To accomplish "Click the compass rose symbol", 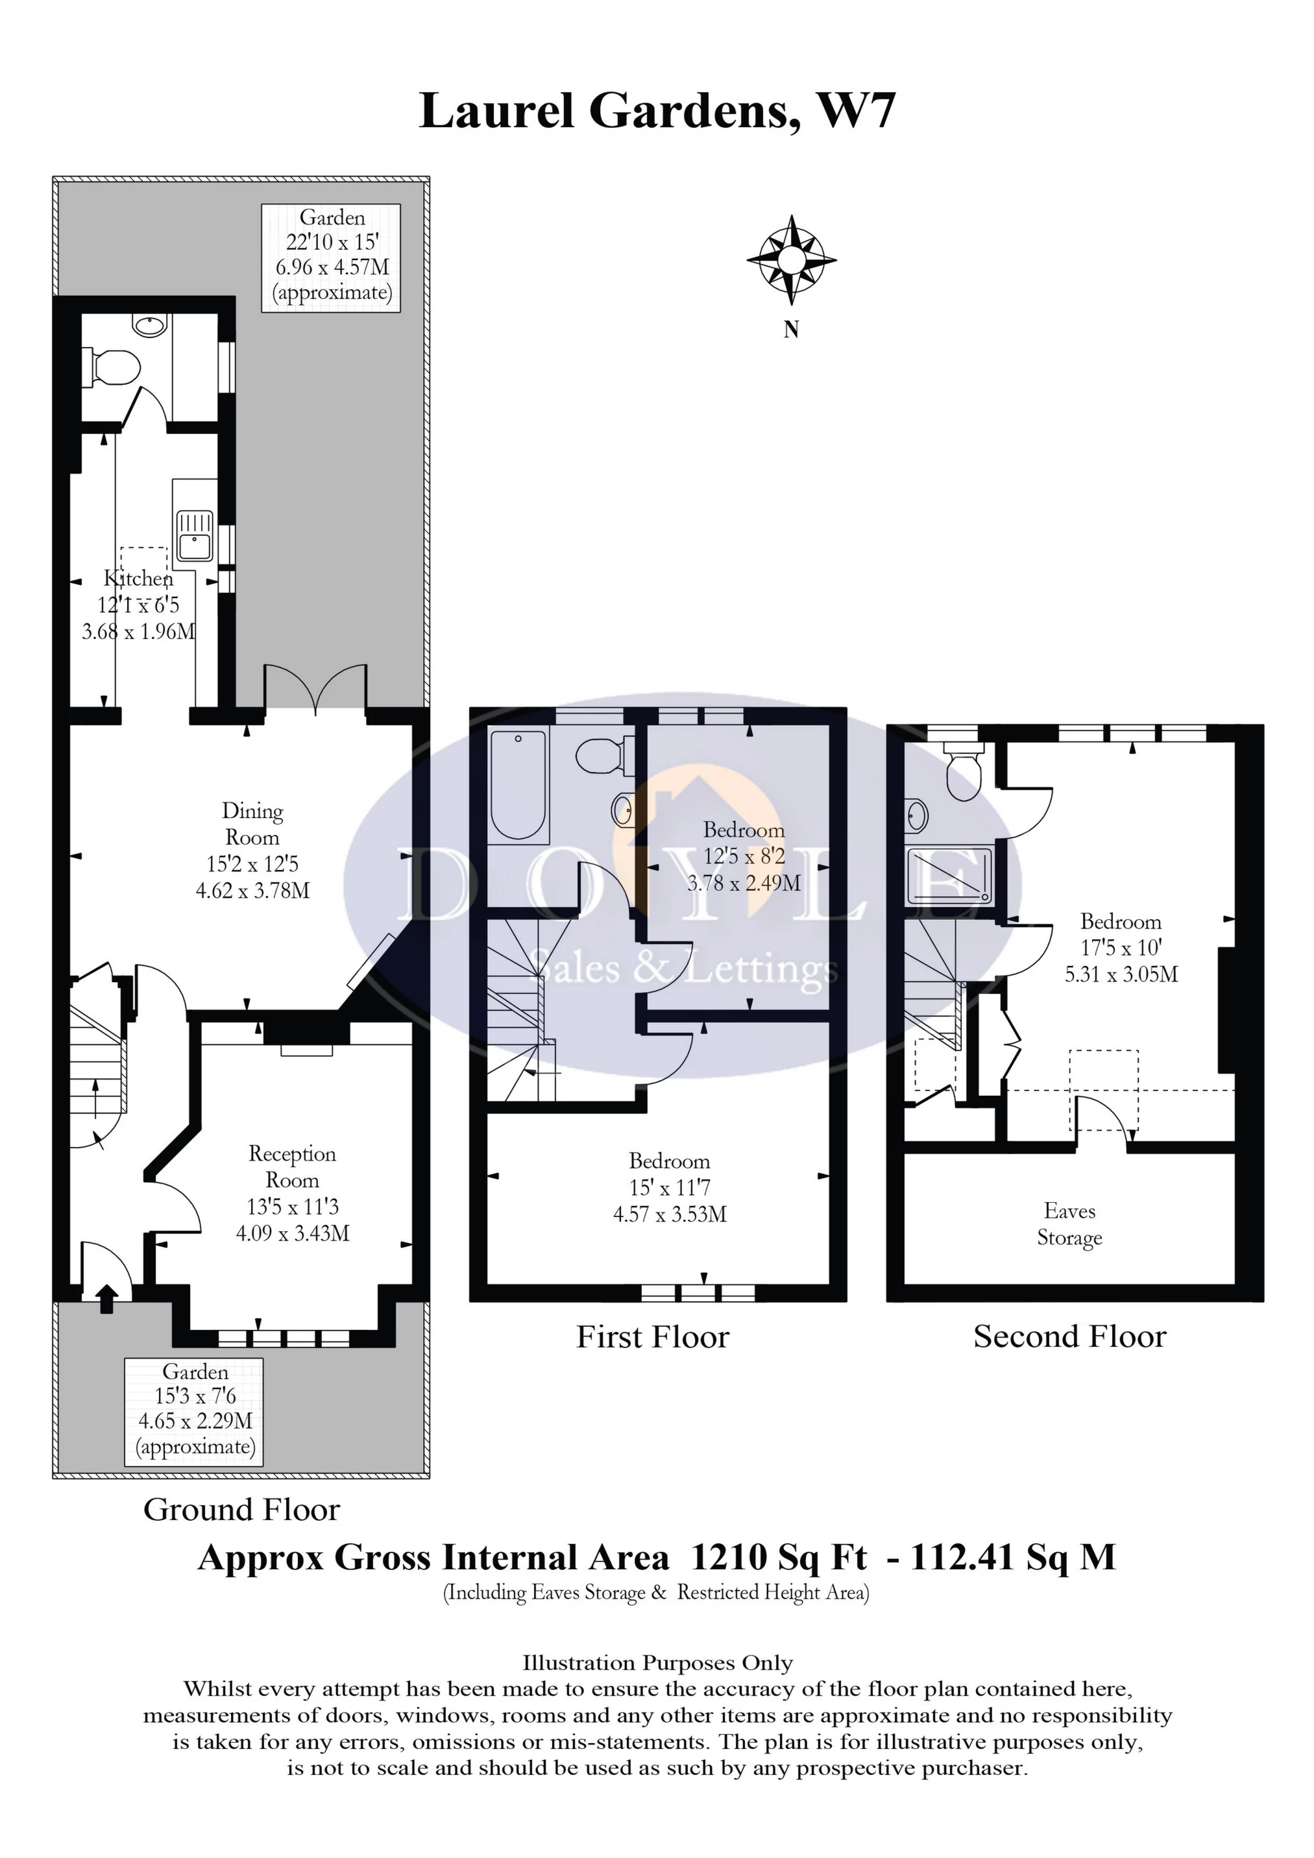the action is [x=791, y=259].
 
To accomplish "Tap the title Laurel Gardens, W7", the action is [x=657, y=111].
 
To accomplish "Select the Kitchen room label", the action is [x=138, y=579].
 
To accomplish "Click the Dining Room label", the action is [x=252, y=824].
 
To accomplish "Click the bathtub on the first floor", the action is [x=518, y=784].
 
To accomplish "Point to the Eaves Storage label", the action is [x=1069, y=1224].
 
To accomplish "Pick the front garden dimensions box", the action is [x=194, y=1411].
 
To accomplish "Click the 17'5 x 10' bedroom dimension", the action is [x=1121, y=948].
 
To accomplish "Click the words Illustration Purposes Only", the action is [x=657, y=1663].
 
